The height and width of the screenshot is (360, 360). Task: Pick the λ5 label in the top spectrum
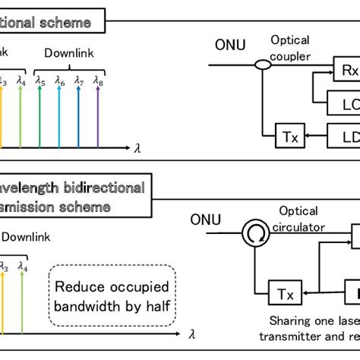tap(40, 81)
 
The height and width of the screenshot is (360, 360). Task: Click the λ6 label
tap(60, 81)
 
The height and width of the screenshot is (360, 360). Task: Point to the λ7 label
tap(80, 81)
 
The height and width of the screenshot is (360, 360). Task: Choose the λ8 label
tap(99, 81)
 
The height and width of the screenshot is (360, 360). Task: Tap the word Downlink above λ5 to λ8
tap(69, 55)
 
